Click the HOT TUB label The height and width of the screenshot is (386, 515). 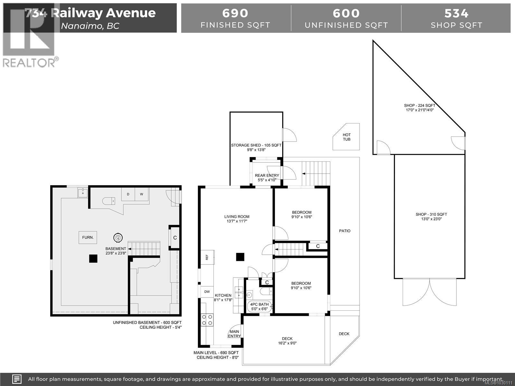(347, 137)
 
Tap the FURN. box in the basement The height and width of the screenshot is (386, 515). (88, 237)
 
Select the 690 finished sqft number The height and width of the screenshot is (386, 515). (235, 13)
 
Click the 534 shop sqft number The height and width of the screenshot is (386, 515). (456, 13)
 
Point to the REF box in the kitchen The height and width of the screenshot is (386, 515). (207, 257)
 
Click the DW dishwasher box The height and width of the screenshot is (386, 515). (207, 292)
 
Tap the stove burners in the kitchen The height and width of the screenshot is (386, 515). (207, 320)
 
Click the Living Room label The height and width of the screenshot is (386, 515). (237, 219)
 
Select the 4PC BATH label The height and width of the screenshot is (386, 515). (259, 307)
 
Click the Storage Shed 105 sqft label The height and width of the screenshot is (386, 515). (256, 147)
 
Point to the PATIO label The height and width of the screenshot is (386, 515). (345, 231)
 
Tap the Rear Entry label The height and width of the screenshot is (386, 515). (267, 178)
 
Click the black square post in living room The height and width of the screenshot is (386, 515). (240, 257)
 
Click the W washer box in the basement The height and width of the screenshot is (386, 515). (141, 194)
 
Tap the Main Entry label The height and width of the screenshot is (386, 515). (234, 334)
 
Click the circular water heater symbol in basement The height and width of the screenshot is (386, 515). (118, 238)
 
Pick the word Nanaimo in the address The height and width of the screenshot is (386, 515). (81, 26)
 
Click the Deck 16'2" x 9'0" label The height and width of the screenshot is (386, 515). (287, 341)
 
